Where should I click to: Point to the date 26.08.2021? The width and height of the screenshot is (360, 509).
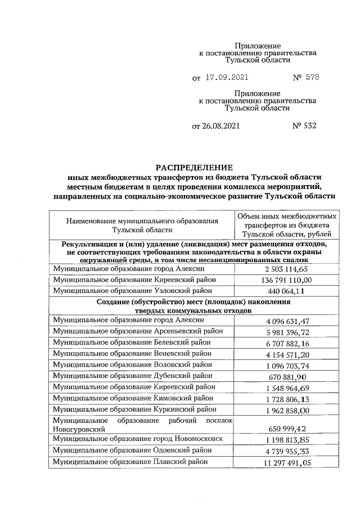click(216, 126)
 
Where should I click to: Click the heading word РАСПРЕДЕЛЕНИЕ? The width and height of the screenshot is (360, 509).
click(193, 168)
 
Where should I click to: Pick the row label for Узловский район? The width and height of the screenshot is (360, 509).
click(132, 291)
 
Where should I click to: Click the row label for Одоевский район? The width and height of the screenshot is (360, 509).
click(132, 450)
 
